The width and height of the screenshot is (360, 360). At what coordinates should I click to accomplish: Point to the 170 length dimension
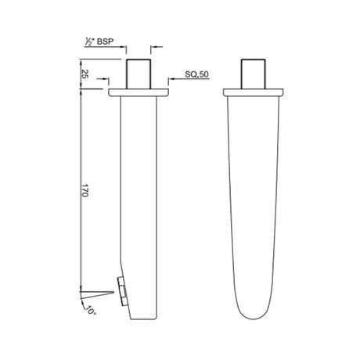(x=85, y=192)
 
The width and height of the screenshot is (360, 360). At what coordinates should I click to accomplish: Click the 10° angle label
(x=91, y=311)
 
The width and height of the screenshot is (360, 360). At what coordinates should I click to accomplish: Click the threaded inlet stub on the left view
(x=138, y=74)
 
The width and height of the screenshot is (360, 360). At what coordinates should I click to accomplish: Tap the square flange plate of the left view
(x=138, y=93)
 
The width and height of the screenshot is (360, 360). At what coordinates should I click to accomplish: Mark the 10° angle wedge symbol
(x=88, y=295)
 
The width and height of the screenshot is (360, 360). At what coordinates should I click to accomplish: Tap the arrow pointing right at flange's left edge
(x=104, y=88)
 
